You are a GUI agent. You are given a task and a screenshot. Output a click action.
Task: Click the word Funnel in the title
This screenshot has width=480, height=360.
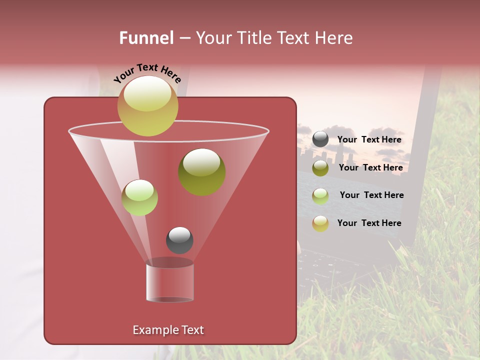pos(146,38)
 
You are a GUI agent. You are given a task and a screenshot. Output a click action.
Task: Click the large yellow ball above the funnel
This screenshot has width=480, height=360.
pos(147,105)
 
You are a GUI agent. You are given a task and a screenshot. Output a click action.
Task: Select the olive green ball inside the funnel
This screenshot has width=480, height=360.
pos(201,171)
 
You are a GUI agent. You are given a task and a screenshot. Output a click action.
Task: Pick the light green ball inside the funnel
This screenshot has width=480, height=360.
pos(139,197)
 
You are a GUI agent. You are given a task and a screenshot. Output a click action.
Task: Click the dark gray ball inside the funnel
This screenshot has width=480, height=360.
pos(179,240)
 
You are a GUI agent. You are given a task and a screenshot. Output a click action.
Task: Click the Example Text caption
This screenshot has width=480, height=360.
pos(168,330)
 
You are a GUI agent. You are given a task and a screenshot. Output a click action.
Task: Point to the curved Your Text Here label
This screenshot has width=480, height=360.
pos(147,73)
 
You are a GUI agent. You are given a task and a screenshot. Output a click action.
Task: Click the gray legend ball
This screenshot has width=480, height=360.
pos(320,139)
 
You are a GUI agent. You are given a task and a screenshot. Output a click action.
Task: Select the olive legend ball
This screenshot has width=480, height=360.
pos(320,168)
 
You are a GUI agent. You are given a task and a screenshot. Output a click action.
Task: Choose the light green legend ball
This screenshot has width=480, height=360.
pos(320,195)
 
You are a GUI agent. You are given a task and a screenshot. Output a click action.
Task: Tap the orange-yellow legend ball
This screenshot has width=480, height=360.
pos(320,223)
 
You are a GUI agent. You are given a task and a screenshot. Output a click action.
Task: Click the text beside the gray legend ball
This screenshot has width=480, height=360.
pos(369,140)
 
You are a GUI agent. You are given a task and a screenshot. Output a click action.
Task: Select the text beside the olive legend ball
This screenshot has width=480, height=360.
pos(370,168)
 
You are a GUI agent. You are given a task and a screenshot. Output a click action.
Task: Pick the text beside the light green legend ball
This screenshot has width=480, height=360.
pos(371,195)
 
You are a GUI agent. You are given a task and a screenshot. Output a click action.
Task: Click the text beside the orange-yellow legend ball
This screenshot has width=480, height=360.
pos(369,223)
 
